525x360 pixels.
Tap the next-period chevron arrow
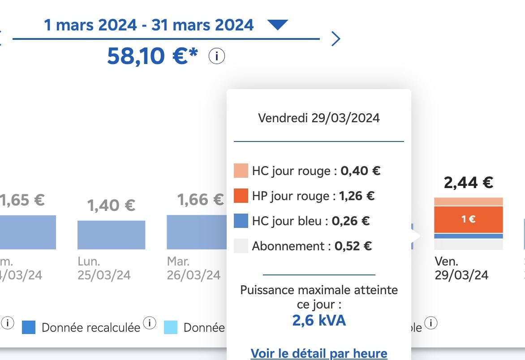[336, 39]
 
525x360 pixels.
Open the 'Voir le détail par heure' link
[318, 353]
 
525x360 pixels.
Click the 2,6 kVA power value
[318, 320]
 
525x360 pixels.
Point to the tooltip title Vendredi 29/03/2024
[318, 118]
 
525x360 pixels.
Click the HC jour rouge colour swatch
[241, 171]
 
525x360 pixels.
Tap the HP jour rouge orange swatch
[241, 196]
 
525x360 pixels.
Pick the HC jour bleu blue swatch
[241, 221]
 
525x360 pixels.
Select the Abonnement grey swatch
[241, 246]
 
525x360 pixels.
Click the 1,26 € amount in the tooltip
[357, 196]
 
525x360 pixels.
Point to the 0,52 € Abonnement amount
[353, 246]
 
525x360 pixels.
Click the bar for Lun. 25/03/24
[111, 235]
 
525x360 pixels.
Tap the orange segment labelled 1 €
[468, 219]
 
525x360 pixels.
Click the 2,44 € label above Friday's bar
[468, 182]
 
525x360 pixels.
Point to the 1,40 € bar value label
[111, 206]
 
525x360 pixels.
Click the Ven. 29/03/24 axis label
[461, 268]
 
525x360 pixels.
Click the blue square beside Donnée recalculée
[29, 327]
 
